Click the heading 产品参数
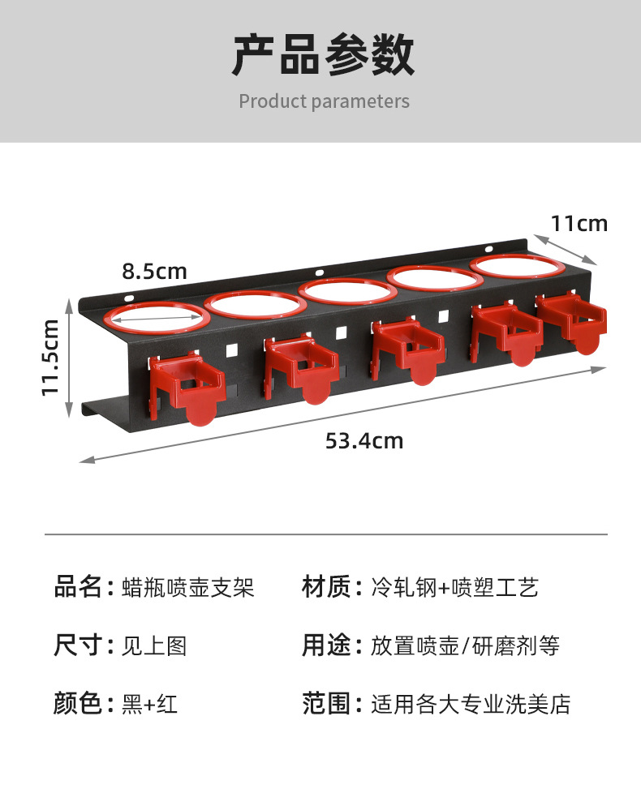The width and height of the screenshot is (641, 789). point(323,55)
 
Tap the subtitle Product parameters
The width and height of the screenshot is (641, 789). point(324,101)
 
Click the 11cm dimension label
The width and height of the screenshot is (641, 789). point(579,223)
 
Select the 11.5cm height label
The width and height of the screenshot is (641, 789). point(50,357)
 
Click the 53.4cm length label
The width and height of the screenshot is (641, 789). point(364,441)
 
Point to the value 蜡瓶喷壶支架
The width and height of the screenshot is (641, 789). point(187,587)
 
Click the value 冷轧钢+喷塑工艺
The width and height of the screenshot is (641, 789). point(454,587)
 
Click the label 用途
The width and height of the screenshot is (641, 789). point(325,645)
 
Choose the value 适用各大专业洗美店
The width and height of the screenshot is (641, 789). point(471,704)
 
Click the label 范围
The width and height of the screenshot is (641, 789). point(325,704)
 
